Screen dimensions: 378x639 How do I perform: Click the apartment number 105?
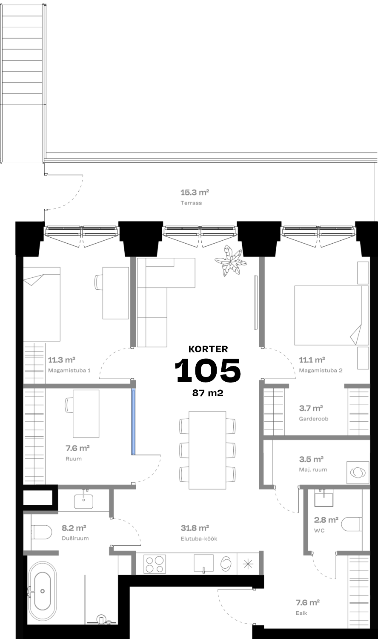tap(208, 370)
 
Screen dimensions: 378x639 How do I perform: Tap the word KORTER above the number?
tap(208, 349)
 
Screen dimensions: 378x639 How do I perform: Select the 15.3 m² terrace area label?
tap(195, 193)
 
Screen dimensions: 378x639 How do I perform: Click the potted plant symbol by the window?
tap(230, 261)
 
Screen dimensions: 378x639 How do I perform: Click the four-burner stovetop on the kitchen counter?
tap(155, 564)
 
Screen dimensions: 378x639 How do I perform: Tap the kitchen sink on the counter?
tap(203, 564)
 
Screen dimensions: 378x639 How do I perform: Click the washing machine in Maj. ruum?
tap(358, 473)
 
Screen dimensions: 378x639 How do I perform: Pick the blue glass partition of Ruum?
tap(133, 421)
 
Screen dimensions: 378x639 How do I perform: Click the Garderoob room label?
tap(314, 419)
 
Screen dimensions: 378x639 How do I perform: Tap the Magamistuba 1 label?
tap(69, 371)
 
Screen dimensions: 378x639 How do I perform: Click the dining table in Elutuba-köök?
tap(208, 450)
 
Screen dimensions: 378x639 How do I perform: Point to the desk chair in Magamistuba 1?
tap(98, 282)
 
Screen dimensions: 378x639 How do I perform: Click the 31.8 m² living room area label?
tap(195, 528)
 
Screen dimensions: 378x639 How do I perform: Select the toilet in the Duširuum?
tap(42, 532)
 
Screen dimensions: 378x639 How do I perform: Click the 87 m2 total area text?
tap(208, 393)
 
